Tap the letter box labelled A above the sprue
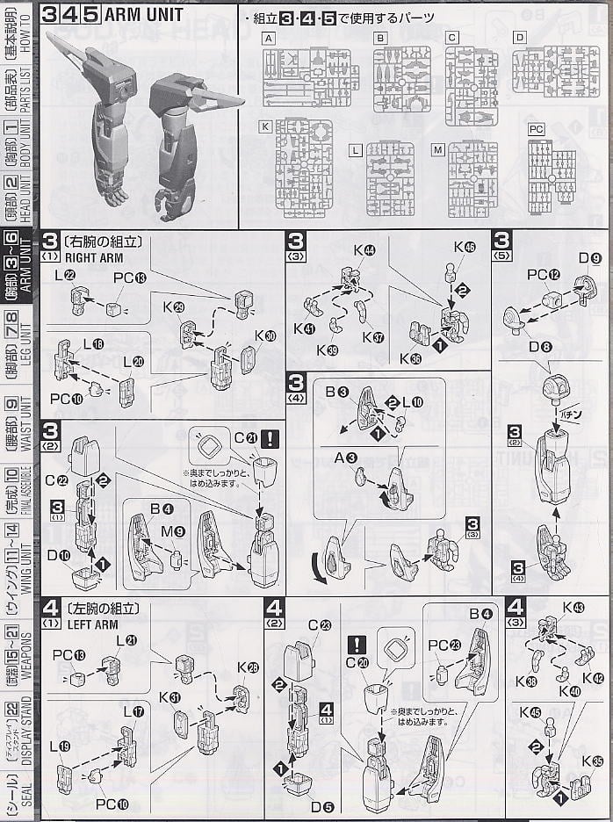click(268, 38)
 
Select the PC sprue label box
click(536, 129)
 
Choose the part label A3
click(350, 457)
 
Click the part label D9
click(589, 258)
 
